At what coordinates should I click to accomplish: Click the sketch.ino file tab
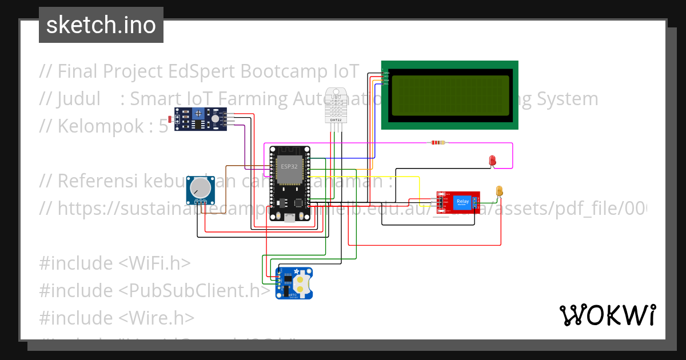[x=101, y=25]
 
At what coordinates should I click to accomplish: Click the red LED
[x=492, y=161]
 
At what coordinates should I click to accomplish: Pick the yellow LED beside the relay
[x=499, y=191]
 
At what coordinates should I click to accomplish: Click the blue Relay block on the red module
[x=462, y=202]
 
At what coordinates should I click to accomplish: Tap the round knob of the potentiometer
[x=200, y=187]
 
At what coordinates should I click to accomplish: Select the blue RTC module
[x=295, y=283]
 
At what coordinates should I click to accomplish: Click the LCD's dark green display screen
[x=449, y=95]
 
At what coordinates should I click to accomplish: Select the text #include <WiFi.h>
[x=114, y=263]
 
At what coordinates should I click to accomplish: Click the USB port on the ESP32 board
[x=289, y=218]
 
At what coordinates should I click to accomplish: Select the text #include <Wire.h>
[x=117, y=318]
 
